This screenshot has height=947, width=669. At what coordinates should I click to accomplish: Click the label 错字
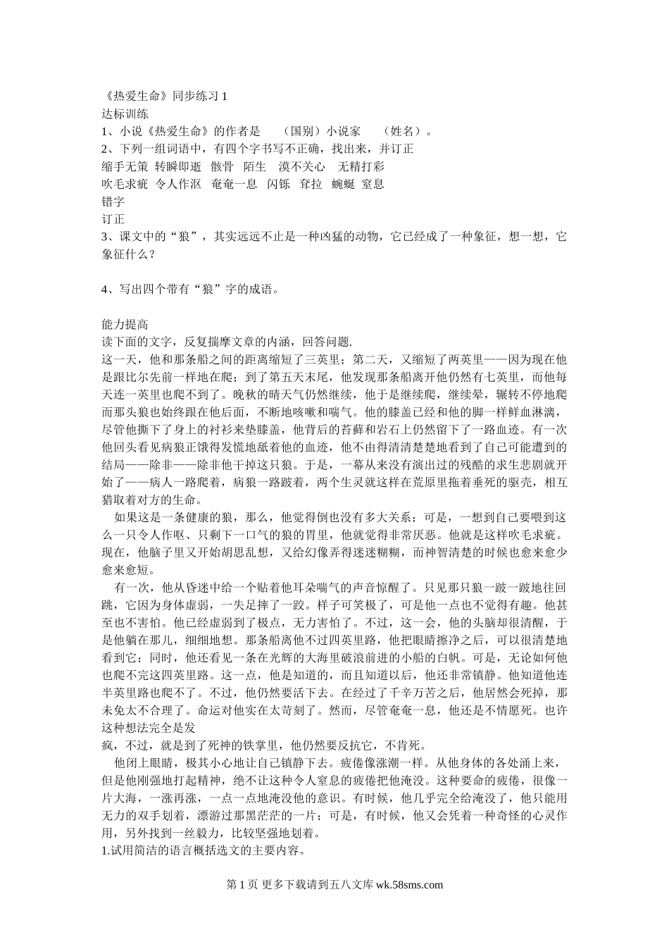click(x=113, y=202)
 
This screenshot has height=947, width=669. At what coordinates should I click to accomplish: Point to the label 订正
click(x=113, y=219)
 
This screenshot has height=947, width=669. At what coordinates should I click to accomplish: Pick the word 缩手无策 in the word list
click(x=125, y=167)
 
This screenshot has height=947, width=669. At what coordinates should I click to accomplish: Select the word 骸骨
click(x=221, y=167)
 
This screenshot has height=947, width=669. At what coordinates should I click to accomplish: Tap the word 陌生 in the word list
click(x=255, y=167)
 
